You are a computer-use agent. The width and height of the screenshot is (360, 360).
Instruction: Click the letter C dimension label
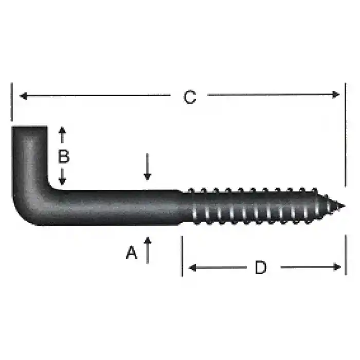click(x=190, y=97)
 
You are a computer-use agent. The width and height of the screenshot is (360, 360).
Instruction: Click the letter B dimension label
click(x=63, y=156)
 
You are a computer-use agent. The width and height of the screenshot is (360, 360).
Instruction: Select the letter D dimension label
click(x=261, y=267)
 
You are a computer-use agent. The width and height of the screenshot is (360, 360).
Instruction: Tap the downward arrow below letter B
click(x=63, y=180)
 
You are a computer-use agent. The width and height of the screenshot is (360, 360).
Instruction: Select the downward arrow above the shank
click(x=148, y=176)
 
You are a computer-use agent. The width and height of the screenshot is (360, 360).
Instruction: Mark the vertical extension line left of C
click(x=11, y=103)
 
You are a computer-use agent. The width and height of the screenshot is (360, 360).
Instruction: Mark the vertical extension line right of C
click(x=345, y=134)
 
